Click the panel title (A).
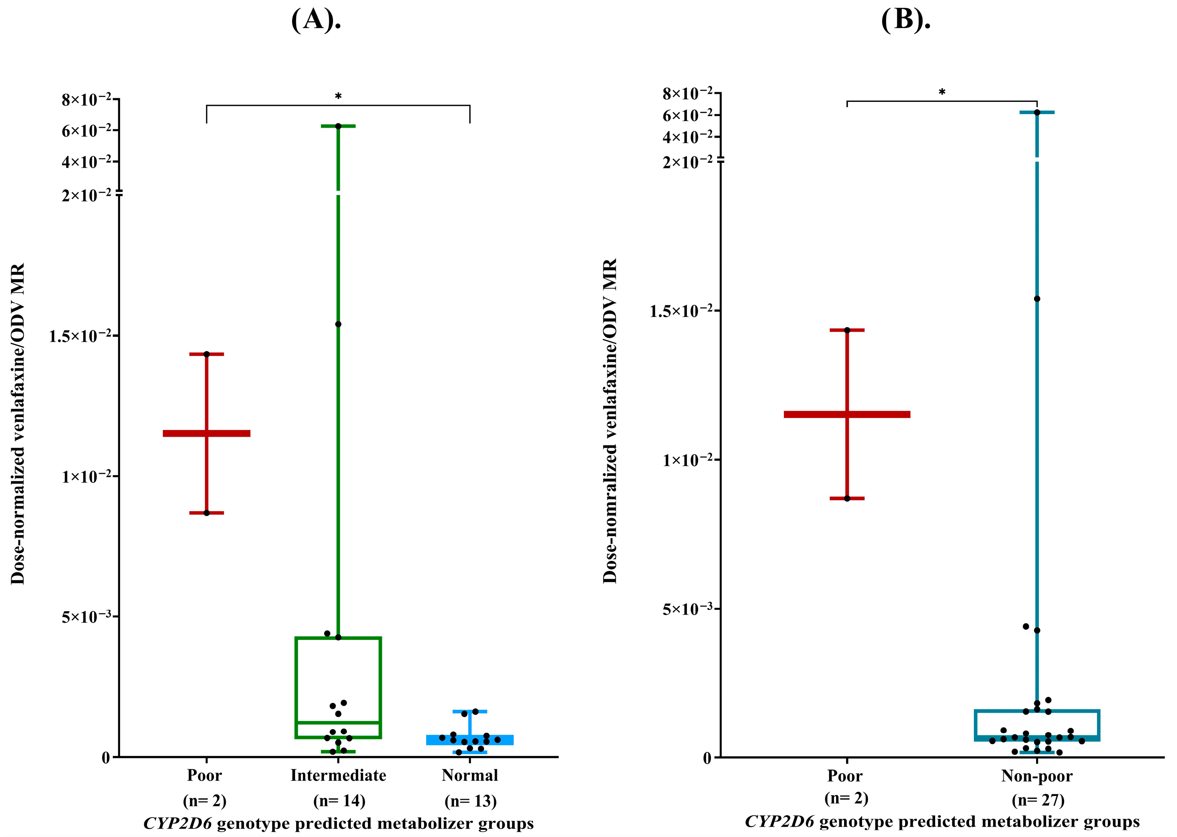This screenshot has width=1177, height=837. coord(316,21)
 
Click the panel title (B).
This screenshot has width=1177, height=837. coord(906,21)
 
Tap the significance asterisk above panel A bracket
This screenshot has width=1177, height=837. coord(338,96)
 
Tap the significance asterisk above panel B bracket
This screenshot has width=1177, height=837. coord(942,93)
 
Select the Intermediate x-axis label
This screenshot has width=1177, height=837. coord(338,775)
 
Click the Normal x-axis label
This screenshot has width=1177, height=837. coord(469,775)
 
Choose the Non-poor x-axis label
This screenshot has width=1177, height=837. coord(1037,776)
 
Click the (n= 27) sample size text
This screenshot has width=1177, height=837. coord(1038,799)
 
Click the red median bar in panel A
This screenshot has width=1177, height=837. coord(206,433)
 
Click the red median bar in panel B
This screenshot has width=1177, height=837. coord(847,414)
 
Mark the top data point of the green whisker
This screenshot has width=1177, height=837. coord(338,126)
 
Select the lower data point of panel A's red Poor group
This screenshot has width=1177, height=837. coord(207,513)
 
